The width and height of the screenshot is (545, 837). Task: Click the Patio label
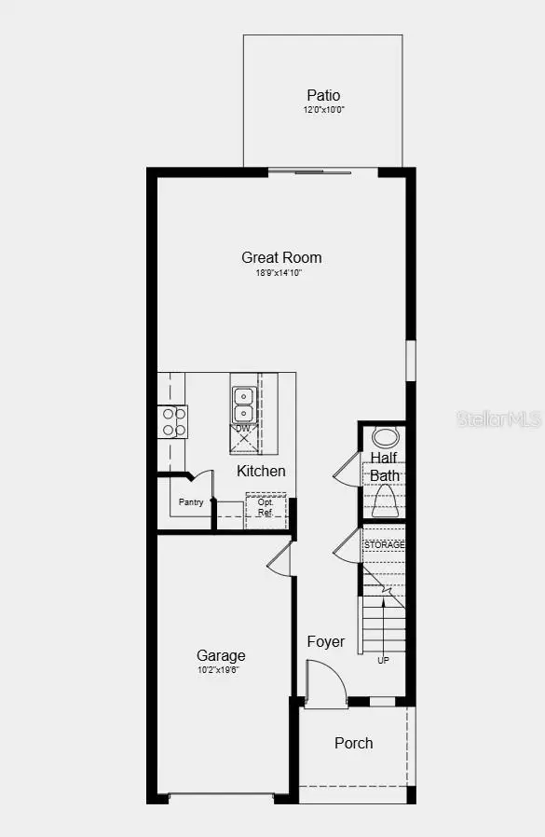point(323,95)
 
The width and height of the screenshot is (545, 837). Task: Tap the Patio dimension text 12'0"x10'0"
point(323,110)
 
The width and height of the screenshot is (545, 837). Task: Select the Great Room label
point(281,257)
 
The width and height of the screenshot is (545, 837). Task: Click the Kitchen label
point(261,471)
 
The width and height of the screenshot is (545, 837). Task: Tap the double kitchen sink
point(243,405)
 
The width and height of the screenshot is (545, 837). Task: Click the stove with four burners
point(172,421)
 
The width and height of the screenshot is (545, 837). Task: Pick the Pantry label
point(192,502)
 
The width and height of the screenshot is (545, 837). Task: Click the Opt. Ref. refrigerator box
point(265,509)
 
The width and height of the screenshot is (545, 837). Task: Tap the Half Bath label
point(385,466)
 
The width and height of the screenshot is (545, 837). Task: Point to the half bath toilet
point(385,502)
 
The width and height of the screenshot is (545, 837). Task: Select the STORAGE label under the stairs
point(384,544)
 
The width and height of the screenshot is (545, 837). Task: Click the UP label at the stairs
point(383,660)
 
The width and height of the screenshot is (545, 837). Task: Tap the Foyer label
point(326,641)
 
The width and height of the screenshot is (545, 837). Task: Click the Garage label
point(221,655)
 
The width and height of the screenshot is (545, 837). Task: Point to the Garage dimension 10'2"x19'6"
point(221,670)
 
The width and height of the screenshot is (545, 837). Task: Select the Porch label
point(353,743)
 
